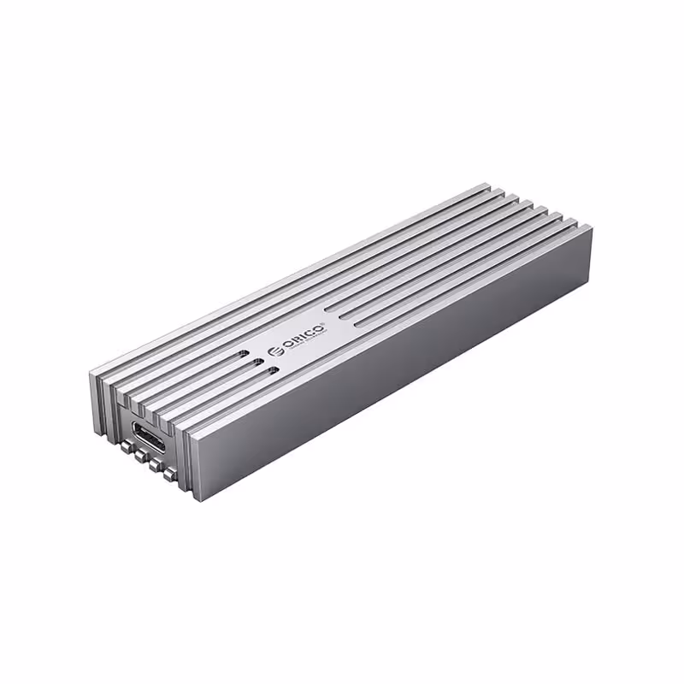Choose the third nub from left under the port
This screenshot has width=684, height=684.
click(x=155, y=466)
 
